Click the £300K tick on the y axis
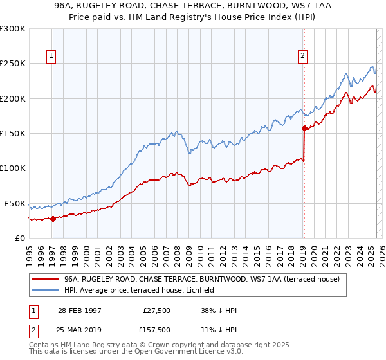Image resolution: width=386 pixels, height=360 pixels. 12,29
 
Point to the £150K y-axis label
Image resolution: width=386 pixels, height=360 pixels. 12,134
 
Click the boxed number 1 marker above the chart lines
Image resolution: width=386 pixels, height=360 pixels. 51,56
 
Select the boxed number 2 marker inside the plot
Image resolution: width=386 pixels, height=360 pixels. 302,56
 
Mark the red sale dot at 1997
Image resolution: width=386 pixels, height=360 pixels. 53,219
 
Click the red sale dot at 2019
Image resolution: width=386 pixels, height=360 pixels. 304,128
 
